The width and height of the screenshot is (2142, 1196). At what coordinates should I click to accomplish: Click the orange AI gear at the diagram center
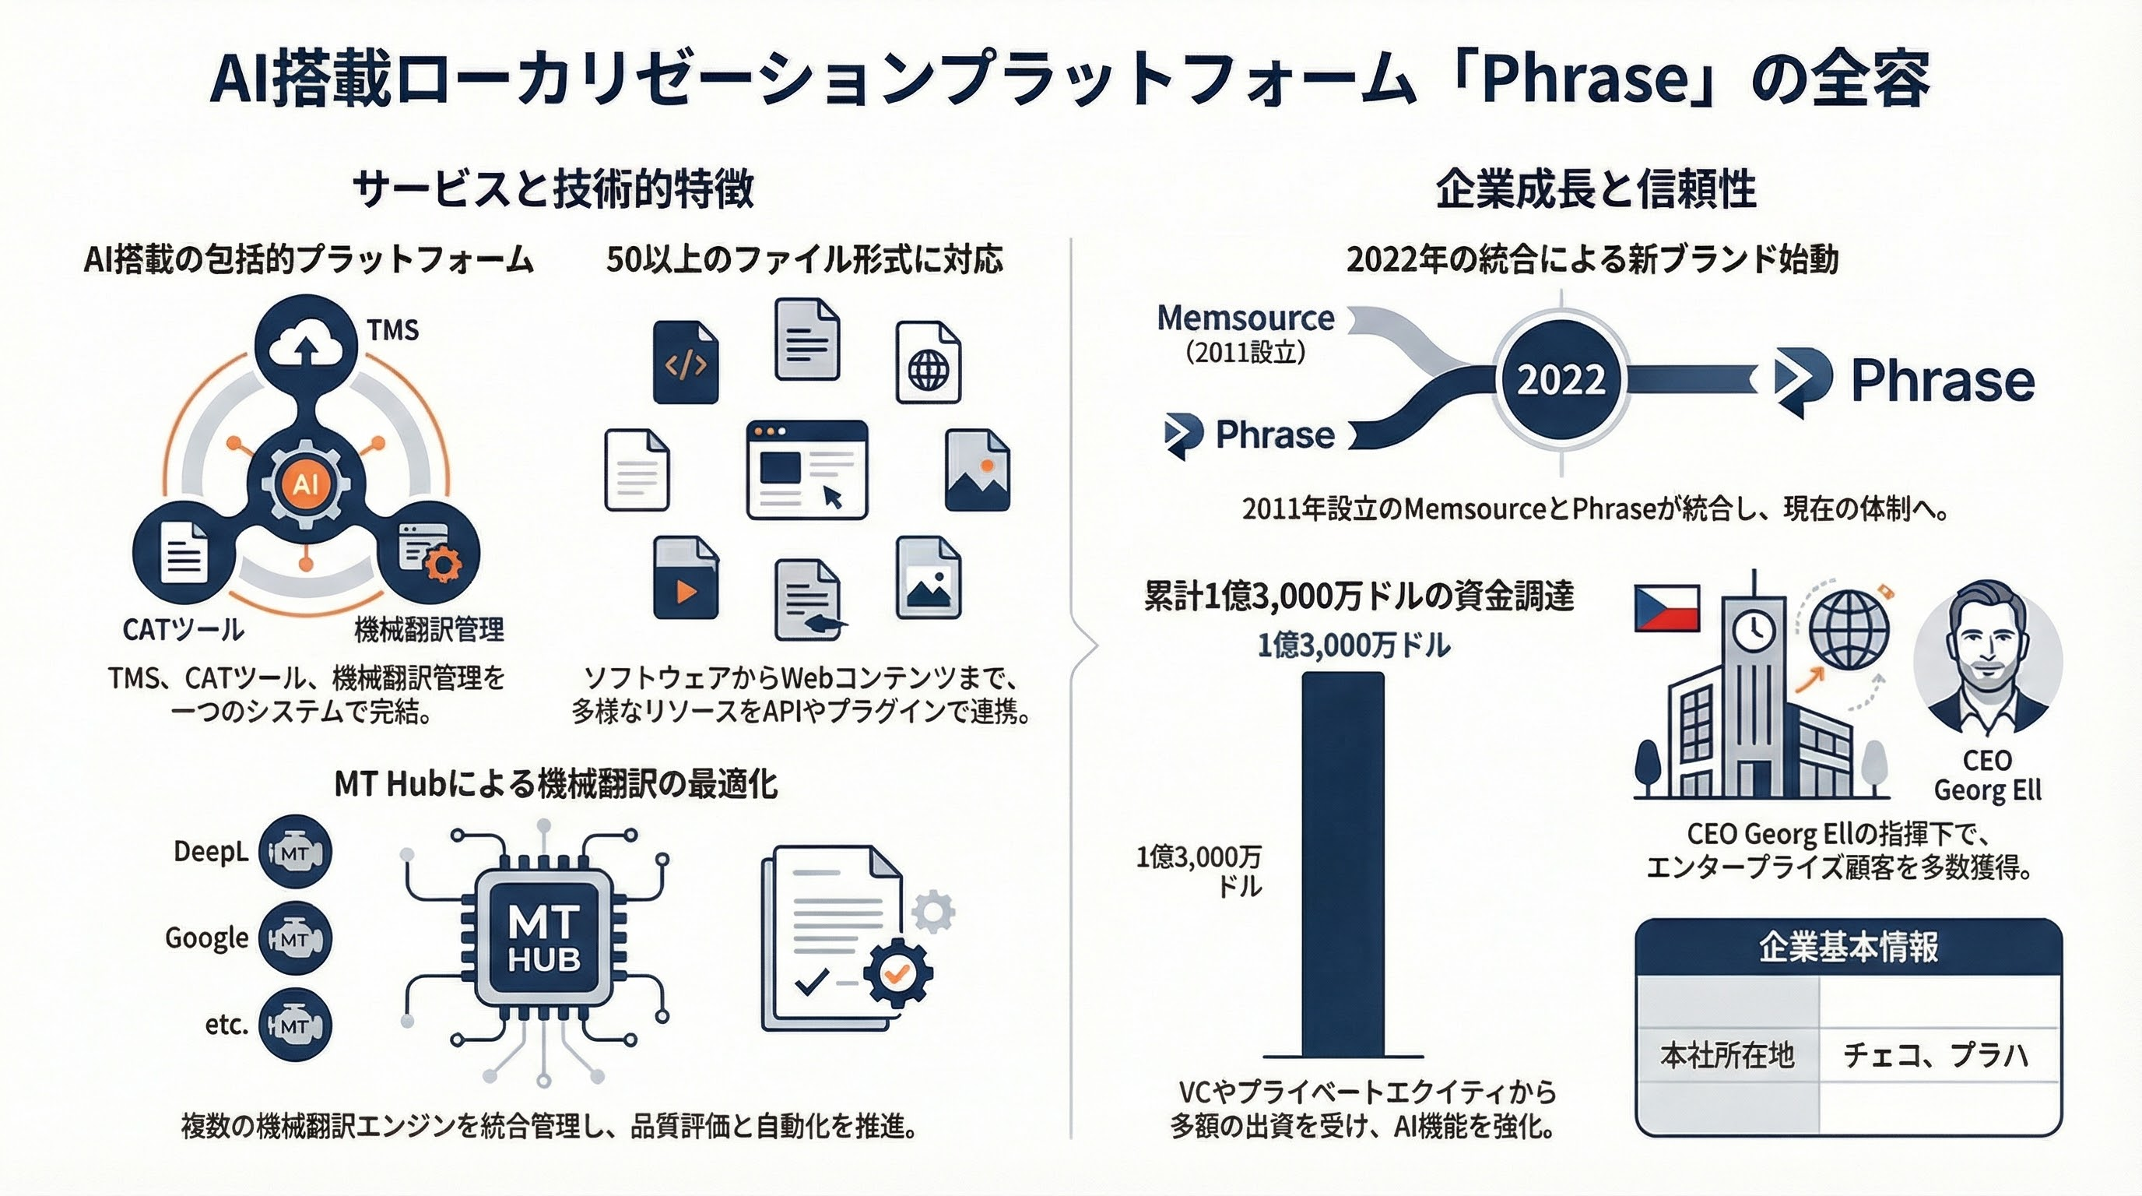tap(306, 484)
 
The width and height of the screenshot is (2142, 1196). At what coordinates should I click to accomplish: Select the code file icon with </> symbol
tap(685, 363)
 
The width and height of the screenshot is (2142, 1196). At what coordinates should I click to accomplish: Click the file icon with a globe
tap(928, 363)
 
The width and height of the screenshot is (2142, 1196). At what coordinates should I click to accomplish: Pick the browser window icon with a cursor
tap(806, 470)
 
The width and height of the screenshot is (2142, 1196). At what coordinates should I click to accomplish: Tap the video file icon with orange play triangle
tap(685, 578)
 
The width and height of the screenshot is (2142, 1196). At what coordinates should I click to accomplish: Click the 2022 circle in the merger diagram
tap(1561, 379)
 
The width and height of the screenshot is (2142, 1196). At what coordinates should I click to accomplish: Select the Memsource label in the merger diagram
tap(1245, 318)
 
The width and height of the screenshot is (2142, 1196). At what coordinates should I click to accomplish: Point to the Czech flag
tap(1666, 609)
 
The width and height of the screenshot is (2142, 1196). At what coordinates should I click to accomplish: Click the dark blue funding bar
tap(1342, 865)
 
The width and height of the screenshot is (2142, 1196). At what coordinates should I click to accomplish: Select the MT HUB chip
tap(544, 939)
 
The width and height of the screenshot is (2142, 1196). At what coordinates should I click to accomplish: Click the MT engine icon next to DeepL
tap(295, 853)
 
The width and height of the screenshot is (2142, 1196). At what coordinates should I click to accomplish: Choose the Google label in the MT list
tap(207, 938)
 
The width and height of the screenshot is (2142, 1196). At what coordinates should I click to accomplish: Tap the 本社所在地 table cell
tap(1728, 1055)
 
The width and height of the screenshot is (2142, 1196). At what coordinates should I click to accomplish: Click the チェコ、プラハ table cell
tap(1936, 1055)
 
